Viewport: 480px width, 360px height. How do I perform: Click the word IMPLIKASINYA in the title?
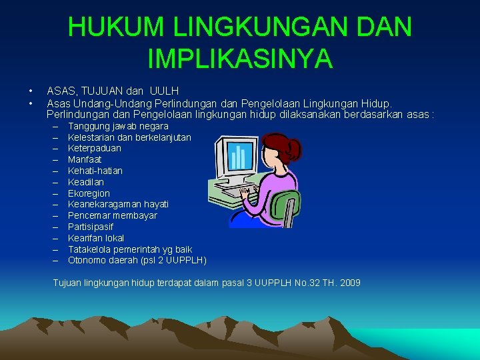pos(240,58)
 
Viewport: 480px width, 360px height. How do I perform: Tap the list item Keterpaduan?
pos(95,149)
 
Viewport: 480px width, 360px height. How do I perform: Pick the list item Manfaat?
pos(85,160)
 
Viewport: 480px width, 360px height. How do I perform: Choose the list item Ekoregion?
pos(89,193)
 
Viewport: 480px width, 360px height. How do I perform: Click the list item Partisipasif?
pos(91,227)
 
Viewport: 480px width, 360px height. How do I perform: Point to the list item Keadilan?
pos(86,182)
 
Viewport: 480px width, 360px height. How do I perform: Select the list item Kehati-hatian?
pos(95,171)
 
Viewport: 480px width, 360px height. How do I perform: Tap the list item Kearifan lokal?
pos(96,238)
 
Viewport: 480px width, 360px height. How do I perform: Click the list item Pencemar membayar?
pos(113,215)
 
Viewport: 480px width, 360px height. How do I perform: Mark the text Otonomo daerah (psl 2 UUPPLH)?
pos(137,260)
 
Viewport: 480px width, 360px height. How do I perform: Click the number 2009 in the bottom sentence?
pos(349,283)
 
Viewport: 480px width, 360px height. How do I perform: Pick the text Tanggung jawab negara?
pos(118,126)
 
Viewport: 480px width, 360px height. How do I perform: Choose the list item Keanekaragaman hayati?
pos(118,204)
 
